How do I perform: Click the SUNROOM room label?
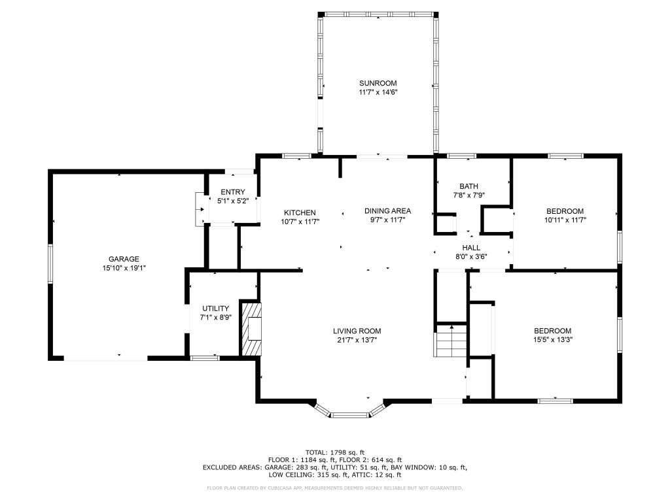[378, 83]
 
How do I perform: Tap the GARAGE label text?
[124, 259]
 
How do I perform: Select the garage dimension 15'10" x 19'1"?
[124, 268]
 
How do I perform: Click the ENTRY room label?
[233, 192]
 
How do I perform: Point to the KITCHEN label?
[300, 212]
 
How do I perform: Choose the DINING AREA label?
[387, 211]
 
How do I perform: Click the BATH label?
[468, 186]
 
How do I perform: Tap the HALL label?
[471, 248]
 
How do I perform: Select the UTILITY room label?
[216, 309]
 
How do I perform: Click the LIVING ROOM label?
[357, 331]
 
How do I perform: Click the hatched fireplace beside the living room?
[251, 329]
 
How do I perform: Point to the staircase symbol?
[451, 340]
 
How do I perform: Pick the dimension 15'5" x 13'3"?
[552, 340]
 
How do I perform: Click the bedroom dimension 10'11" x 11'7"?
[565, 220]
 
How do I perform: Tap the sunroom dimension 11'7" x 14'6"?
[378, 92]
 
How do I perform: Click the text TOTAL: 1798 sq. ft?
[335, 452]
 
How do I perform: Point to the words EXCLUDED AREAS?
[232, 467]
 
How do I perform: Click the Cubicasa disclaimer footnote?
[334, 488]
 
